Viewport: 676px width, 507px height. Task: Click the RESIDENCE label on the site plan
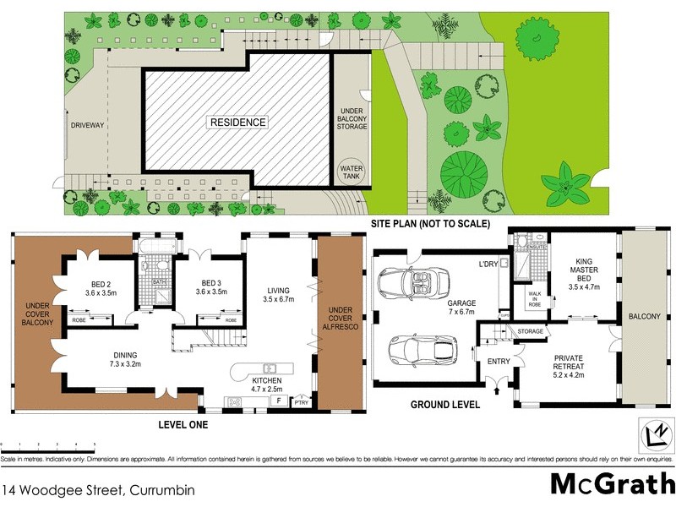238,123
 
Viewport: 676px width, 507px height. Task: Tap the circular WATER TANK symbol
351,172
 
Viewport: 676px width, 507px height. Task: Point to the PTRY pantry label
301,404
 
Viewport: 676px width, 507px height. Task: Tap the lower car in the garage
424,348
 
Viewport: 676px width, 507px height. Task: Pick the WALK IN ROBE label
534,298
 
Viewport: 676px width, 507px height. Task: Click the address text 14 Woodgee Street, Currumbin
99,489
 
